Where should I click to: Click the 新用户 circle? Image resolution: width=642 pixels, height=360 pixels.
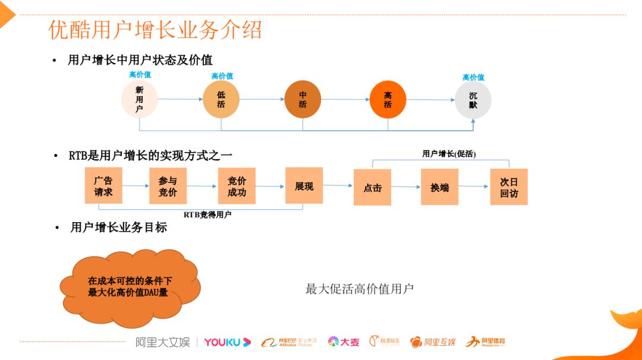click(139, 99)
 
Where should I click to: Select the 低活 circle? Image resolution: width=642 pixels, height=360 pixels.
click(221, 99)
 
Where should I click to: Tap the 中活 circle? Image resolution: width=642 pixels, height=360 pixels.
click(303, 99)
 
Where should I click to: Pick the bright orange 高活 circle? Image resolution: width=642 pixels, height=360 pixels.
click(388, 99)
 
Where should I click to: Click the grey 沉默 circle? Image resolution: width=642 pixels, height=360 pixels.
click(473, 99)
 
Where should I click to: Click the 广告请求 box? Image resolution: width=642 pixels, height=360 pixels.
click(103, 186)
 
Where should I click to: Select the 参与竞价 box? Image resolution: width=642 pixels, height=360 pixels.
click(168, 186)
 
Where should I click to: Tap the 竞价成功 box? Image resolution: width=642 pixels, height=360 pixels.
click(237, 186)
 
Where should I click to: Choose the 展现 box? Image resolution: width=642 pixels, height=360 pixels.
click(304, 186)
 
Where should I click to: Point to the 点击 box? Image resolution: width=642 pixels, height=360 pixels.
click(372, 188)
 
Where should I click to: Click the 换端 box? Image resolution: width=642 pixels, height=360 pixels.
click(440, 188)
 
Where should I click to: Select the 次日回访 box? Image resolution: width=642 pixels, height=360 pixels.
click(509, 188)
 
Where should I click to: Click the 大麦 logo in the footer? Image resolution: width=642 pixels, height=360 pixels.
click(344, 342)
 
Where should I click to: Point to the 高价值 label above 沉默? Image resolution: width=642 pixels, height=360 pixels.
click(473, 77)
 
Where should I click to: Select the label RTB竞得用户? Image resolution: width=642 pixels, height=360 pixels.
click(207, 214)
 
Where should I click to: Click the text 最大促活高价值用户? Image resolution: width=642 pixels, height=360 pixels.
click(360, 289)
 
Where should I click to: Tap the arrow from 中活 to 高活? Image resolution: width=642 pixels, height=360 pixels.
click(345, 100)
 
